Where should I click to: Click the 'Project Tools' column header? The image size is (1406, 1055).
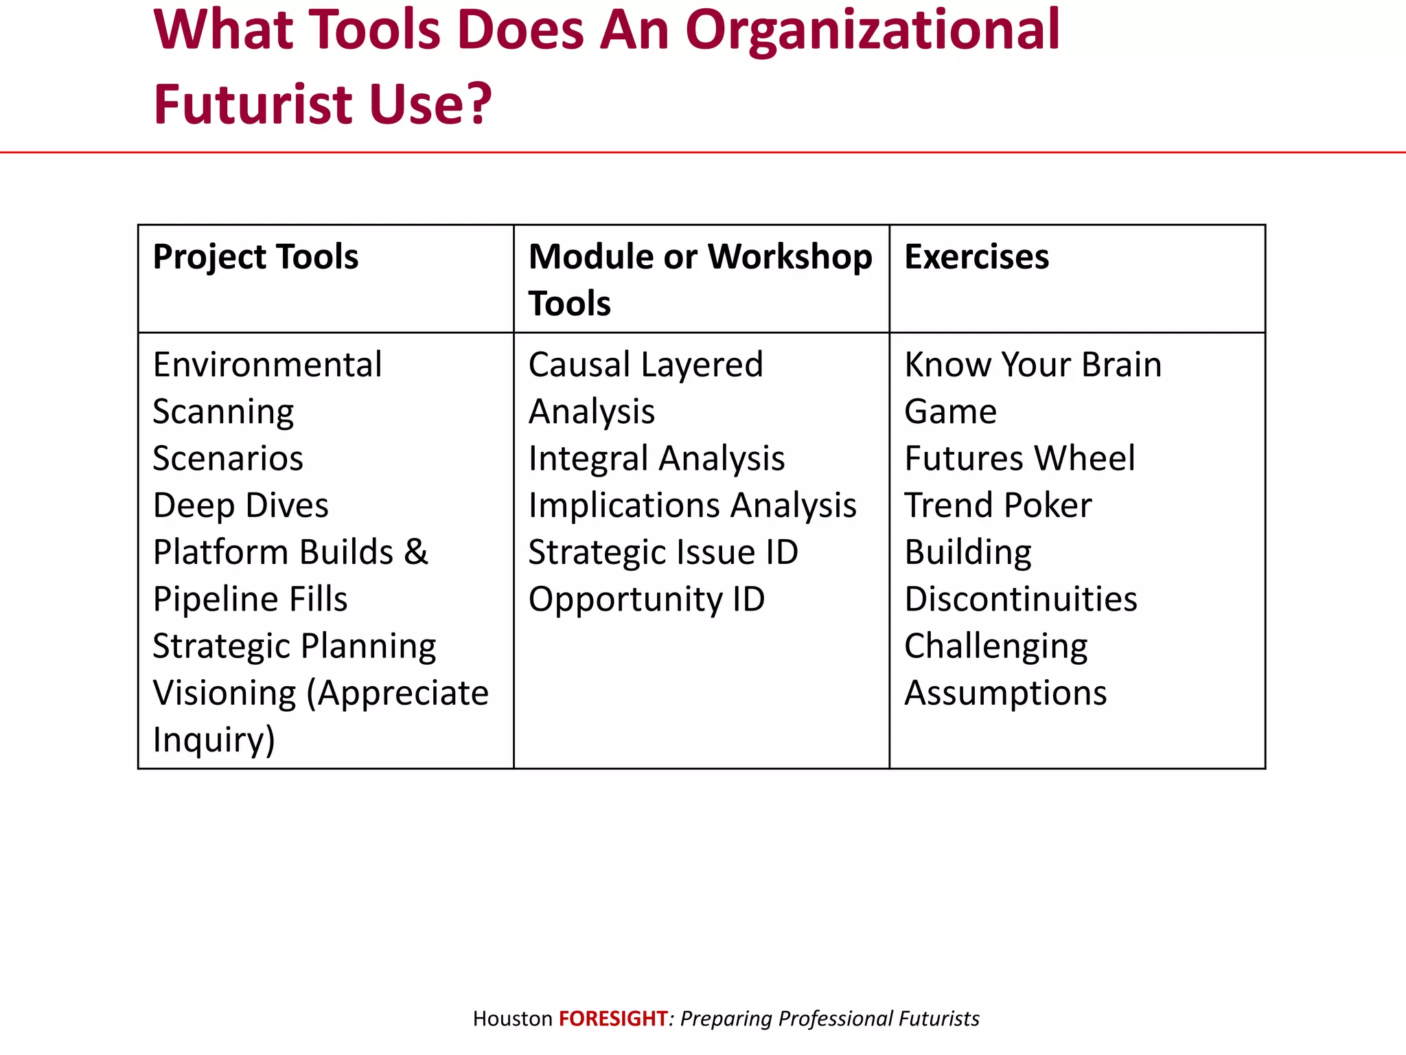(255, 258)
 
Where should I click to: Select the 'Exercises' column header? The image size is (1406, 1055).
(976, 258)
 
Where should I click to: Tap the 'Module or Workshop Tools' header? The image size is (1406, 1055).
(700, 280)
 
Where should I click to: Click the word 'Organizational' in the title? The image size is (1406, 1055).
(873, 31)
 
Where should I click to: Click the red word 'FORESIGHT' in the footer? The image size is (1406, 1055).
(613, 1018)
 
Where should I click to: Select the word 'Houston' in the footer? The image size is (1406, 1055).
(512, 1018)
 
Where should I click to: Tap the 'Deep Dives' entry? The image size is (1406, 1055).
(240, 506)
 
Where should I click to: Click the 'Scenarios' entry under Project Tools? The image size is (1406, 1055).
(227, 459)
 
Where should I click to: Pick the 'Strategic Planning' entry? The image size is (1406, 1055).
(294, 646)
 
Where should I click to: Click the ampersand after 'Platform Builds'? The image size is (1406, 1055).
(416, 552)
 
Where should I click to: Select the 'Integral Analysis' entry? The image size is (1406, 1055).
(656, 459)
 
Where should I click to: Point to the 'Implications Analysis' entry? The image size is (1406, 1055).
(692, 506)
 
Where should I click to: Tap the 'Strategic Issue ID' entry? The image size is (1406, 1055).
(663, 552)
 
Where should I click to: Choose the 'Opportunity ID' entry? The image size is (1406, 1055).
(646, 600)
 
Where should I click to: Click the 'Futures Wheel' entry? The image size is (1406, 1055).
(1019, 459)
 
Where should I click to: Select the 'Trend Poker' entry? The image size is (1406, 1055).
(998, 506)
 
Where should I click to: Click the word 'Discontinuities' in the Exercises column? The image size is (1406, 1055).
(1021, 600)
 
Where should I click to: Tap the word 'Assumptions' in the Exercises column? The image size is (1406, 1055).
(1005, 693)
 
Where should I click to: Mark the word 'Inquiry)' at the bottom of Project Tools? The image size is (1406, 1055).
(214, 740)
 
